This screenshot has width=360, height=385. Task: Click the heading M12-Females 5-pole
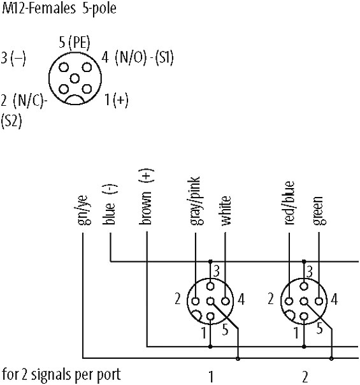click(59, 9)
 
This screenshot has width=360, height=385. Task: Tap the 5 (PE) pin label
click(75, 43)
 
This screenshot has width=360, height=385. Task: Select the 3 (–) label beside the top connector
click(13, 59)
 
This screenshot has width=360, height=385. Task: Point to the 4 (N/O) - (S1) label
click(138, 58)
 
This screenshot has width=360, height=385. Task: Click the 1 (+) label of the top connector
click(117, 100)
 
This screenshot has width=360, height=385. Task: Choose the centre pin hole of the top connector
click(75, 79)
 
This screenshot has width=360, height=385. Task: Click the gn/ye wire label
click(84, 210)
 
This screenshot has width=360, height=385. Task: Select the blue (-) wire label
click(110, 204)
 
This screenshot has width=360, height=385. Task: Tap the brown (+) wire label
click(147, 197)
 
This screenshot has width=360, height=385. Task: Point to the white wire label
click(226, 210)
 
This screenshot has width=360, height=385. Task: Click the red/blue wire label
click(289, 203)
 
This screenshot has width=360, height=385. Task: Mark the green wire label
click(319, 211)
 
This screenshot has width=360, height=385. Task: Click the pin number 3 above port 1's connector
click(216, 272)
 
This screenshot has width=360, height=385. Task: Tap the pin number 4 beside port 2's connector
click(335, 300)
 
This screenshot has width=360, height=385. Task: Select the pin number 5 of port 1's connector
click(226, 330)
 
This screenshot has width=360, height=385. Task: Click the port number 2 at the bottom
click(305, 377)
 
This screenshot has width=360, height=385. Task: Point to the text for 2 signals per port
click(61, 375)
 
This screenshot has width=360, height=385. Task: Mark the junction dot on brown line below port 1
click(210, 347)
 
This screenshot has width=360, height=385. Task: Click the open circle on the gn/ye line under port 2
click(331, 358)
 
